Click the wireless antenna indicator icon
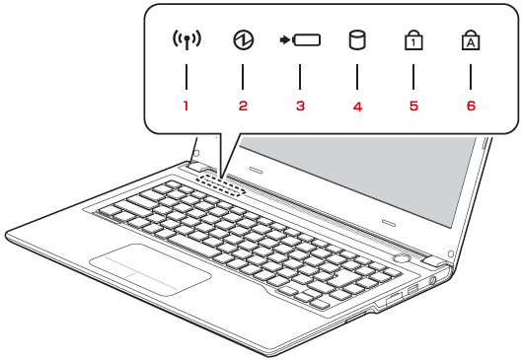click(187, 40)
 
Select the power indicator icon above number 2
click(243, 40)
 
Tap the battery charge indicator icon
click(300, 40)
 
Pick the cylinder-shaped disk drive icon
click(357, 40)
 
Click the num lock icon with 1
click(413, 39)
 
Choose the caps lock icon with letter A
click(471, 39)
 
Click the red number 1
click(186, 106)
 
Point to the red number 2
click(243, 106)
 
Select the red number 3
click(301, 106)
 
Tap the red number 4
click(357, 107)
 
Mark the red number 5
click(413, 106)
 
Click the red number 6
click(471, 106)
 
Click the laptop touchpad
click(150, 269)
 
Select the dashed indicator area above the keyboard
click(221, 184)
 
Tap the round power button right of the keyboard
click(401, 258)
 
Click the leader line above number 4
click(357, 77)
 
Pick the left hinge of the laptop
click(196, 166)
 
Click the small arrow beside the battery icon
click(284, 40)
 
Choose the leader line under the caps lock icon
click(471, 77)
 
